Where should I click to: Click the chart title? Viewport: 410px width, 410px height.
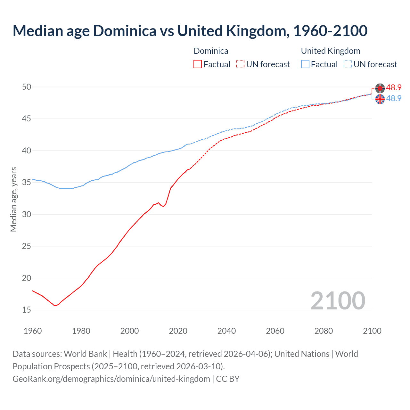click(190, 31)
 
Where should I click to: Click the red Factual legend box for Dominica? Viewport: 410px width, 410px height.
click(198, 64)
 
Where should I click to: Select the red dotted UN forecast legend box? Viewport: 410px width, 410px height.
click(240, 64)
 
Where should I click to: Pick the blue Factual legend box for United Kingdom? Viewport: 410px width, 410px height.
click(305, 64)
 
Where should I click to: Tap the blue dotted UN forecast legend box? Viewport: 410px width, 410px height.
click(348, 64)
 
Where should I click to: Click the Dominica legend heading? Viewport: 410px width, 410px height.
click(211, 51)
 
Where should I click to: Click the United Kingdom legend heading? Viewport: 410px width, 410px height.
click(330, 51)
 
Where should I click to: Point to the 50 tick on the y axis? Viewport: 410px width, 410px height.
click(27, 87)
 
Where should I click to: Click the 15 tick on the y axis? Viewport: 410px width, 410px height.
click(27, 310)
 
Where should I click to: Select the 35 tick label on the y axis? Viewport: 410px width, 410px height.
click(27, 183)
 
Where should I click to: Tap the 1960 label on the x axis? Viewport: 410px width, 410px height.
click(33, 331)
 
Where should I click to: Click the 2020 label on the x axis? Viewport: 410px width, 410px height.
click(178, 331)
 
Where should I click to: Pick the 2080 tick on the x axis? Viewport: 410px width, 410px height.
click(324, 331)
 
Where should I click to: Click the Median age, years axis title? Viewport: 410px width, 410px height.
click(13, 199)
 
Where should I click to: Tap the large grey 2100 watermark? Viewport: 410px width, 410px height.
click(338, 300)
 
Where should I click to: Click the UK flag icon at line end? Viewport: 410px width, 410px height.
click(380, 99)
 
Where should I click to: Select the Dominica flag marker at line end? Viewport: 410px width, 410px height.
click(380, 88)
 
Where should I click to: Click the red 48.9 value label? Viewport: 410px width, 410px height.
click(394, 88)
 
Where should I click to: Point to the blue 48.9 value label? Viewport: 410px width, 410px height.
click(394, 98)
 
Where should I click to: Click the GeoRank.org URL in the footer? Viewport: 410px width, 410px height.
click(111, 379)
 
